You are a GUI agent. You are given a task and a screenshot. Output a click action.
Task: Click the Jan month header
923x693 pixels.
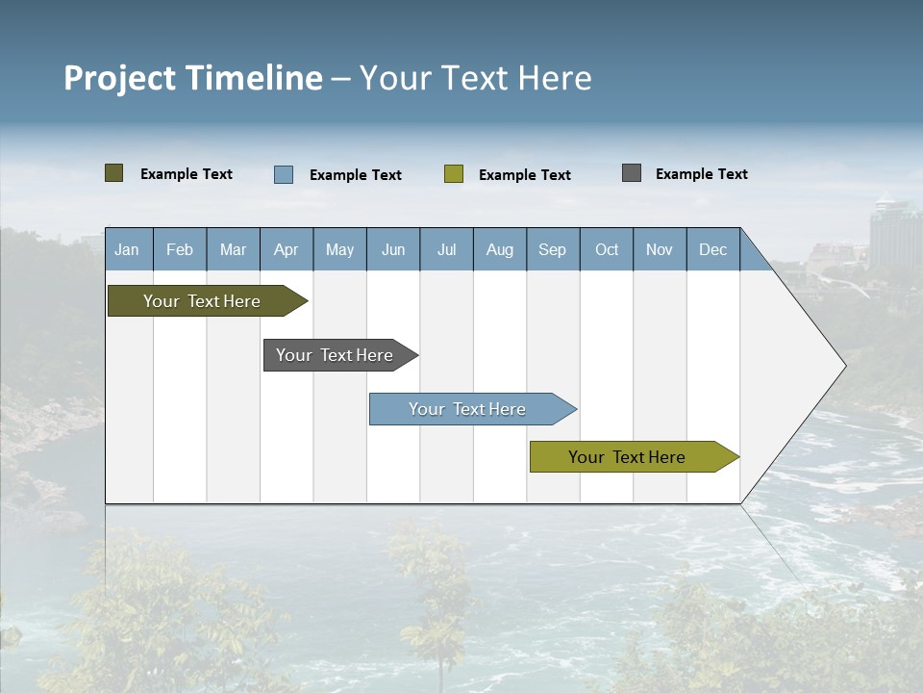click(128, 249)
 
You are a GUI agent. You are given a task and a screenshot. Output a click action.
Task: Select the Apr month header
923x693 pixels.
click(287, 249)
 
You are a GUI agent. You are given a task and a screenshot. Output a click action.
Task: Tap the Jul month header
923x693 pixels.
click(446, 249)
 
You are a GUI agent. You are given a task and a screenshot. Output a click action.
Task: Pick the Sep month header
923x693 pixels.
click(553, 249)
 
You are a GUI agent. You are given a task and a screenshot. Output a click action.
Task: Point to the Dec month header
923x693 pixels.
click(712, 249)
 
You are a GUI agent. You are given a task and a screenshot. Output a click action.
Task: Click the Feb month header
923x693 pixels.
click(180, 249)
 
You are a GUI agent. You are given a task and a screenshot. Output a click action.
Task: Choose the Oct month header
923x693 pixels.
click(607, 249)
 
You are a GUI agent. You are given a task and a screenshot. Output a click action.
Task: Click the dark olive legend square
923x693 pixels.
click(114, 173)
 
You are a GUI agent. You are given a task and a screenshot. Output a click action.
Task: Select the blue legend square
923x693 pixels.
click(284, 174)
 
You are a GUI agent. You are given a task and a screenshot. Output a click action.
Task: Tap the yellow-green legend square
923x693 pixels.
click(454, 174)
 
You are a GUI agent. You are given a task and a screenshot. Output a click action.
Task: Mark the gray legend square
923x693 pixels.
click(632, 173)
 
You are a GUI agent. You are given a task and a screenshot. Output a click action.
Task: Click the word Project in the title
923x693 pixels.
click(120, 78)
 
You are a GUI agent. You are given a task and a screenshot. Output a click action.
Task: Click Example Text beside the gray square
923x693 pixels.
click(701, 174)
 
